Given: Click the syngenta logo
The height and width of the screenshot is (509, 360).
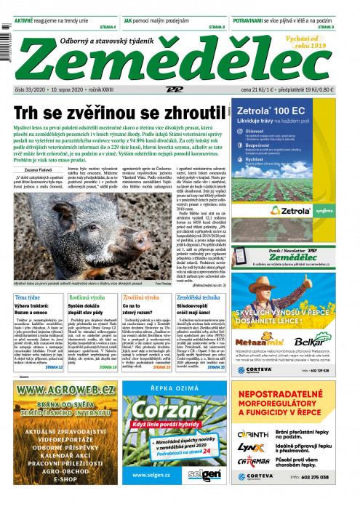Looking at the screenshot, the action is click(x=324, y=211).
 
